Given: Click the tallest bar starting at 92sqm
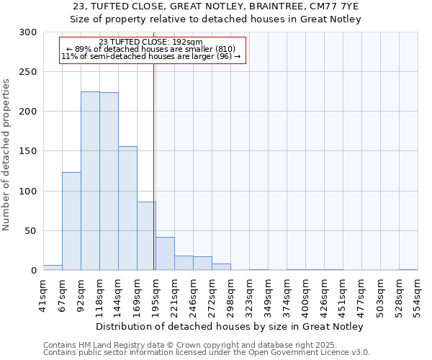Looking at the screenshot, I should [90, 181].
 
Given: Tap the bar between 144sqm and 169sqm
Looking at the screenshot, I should [127, 208].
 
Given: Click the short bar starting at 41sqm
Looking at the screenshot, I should [53, 268].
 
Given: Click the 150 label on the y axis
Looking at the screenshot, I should [28, 152].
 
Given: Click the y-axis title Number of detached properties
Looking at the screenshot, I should [7, 151].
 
